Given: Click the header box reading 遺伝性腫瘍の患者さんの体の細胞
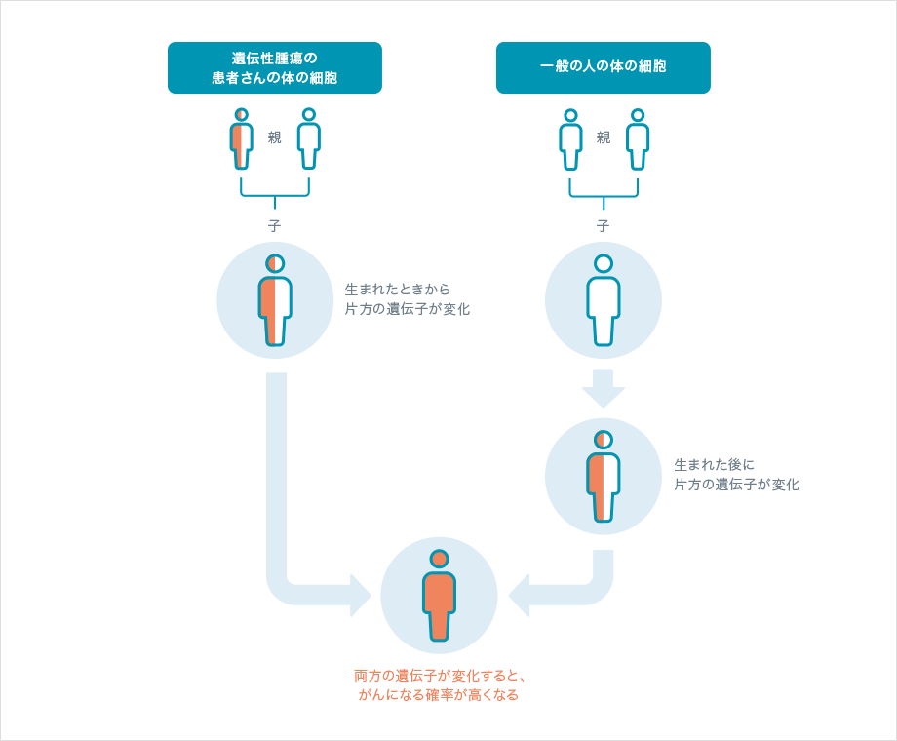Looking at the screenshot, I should [274, 67].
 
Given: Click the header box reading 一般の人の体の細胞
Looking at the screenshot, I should [603, 67].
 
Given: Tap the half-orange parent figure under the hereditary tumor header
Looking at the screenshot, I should [242, 138].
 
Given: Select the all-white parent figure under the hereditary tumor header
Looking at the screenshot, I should [309, 138].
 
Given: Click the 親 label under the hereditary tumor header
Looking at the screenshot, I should [275, 137].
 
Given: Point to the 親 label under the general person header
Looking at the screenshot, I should [604, 137].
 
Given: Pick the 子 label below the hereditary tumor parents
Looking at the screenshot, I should [275, 225].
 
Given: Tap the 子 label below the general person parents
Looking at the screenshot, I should [604, 225].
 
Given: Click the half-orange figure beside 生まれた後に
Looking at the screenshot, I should [604, 477].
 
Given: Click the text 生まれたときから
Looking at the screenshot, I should [398, 290].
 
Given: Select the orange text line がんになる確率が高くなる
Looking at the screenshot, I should [439, 695].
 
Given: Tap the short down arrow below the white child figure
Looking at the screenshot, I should [604, 388].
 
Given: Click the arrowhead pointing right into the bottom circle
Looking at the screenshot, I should [359, 595].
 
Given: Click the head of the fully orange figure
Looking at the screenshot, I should [439, 559].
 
